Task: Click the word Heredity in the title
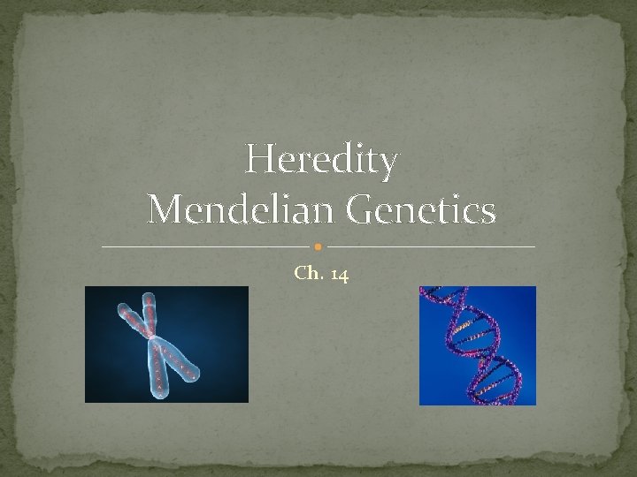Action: coord(321,161)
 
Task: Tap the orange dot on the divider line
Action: coord(318,246)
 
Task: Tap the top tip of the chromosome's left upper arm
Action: coord(122,306)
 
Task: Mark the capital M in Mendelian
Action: coord(165,210)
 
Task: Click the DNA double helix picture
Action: coord(477,345)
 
